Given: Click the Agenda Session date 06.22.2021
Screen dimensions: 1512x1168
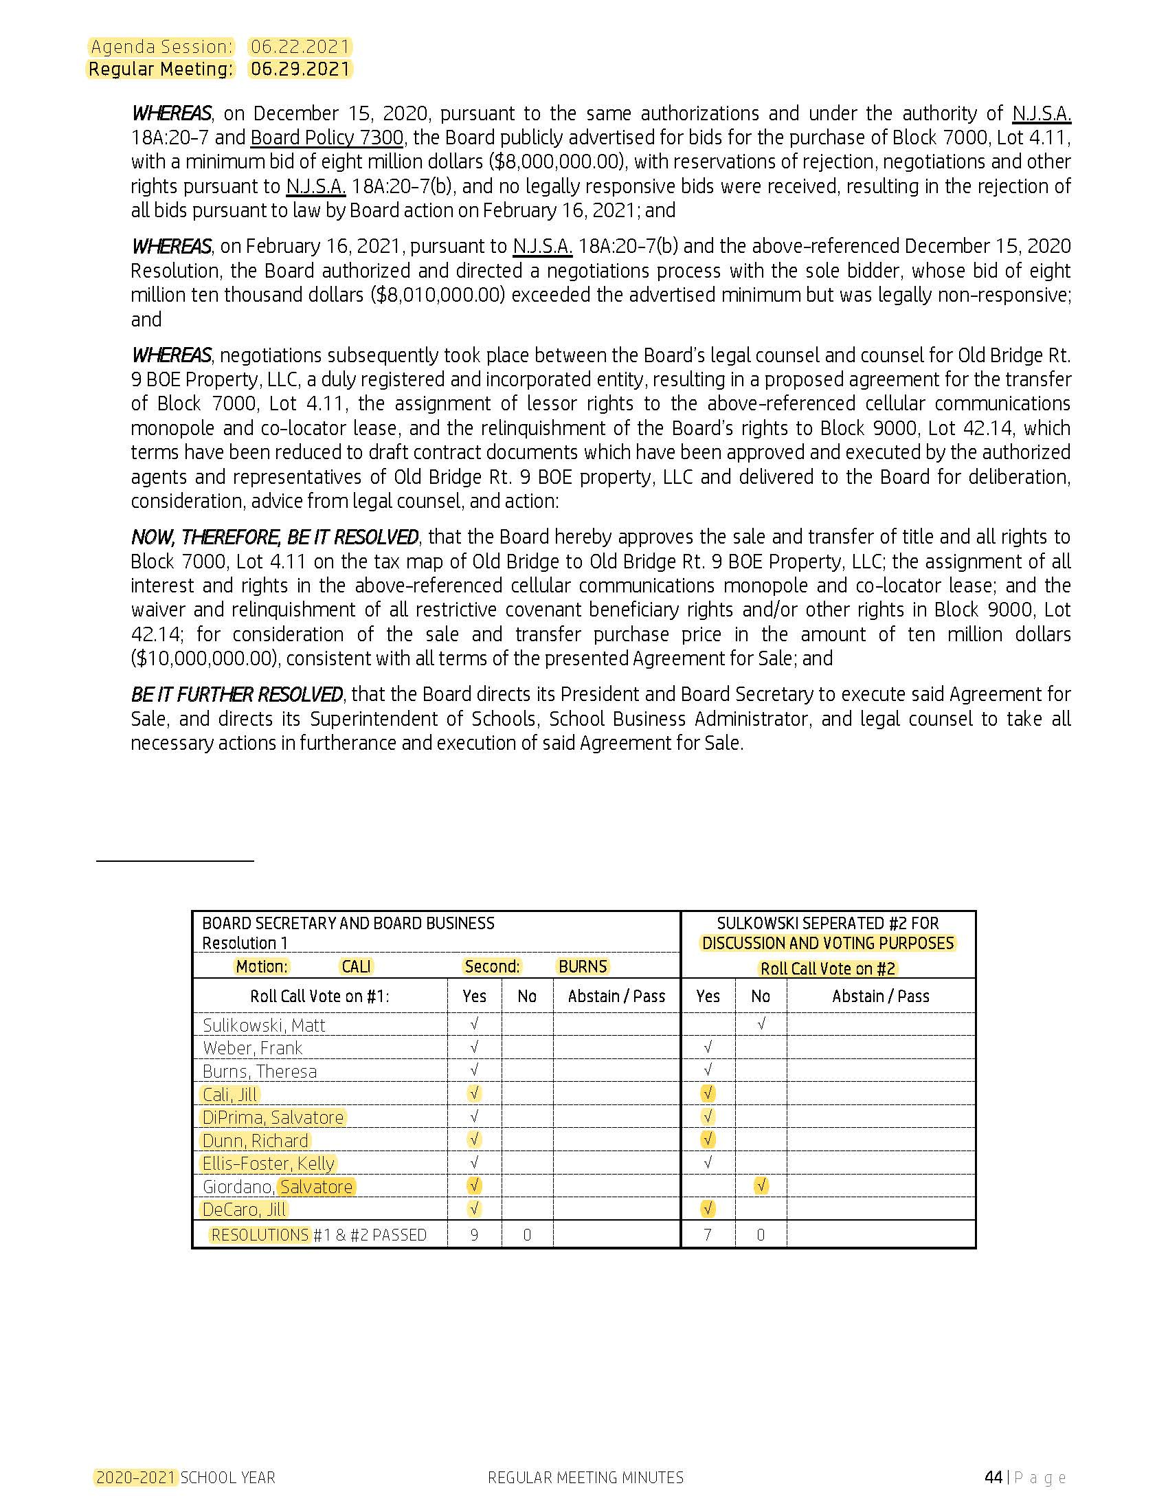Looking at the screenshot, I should click(x=300, y=47).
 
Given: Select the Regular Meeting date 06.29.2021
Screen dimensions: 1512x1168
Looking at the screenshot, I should click(x=300, y=69).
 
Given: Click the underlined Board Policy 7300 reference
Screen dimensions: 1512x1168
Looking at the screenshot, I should click(x=326, y=137).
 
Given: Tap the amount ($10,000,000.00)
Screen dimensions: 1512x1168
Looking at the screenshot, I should click(x=205, y=658).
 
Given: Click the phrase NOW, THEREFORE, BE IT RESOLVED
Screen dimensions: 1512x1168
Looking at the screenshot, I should click(x=275, y=537).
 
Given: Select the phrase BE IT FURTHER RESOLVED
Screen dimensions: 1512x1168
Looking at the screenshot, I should click(x=236, y=694).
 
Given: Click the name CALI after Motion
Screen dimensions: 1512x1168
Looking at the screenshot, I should click(x=357, y=966).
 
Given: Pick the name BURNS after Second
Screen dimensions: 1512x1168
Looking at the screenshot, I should click(x=583, y=966).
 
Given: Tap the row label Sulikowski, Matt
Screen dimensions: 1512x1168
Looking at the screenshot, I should click(x=264, y=1025).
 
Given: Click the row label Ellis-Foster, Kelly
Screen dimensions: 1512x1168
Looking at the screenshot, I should click(x=269, y=1164).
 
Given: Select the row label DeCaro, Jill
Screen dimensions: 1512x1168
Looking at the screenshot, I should click(x=244, y=1210).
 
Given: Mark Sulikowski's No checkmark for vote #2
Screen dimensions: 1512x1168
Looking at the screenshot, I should click(x=761, y=1023).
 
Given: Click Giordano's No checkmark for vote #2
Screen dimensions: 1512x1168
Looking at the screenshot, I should click(x=761, y=1186).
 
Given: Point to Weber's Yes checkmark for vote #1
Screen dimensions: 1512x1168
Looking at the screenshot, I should click(x=475, y=1047).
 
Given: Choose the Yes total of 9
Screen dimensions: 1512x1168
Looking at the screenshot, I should click(x=475, y=1235).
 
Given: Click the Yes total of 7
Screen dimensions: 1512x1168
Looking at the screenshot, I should click(x=708, y=1235).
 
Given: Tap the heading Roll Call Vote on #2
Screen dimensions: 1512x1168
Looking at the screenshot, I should click(x=828, y=969).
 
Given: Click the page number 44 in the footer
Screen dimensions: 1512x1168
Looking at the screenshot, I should click(x=993, y=1478).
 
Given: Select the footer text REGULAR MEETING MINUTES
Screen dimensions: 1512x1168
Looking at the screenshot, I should click(x=585, y=1478).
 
